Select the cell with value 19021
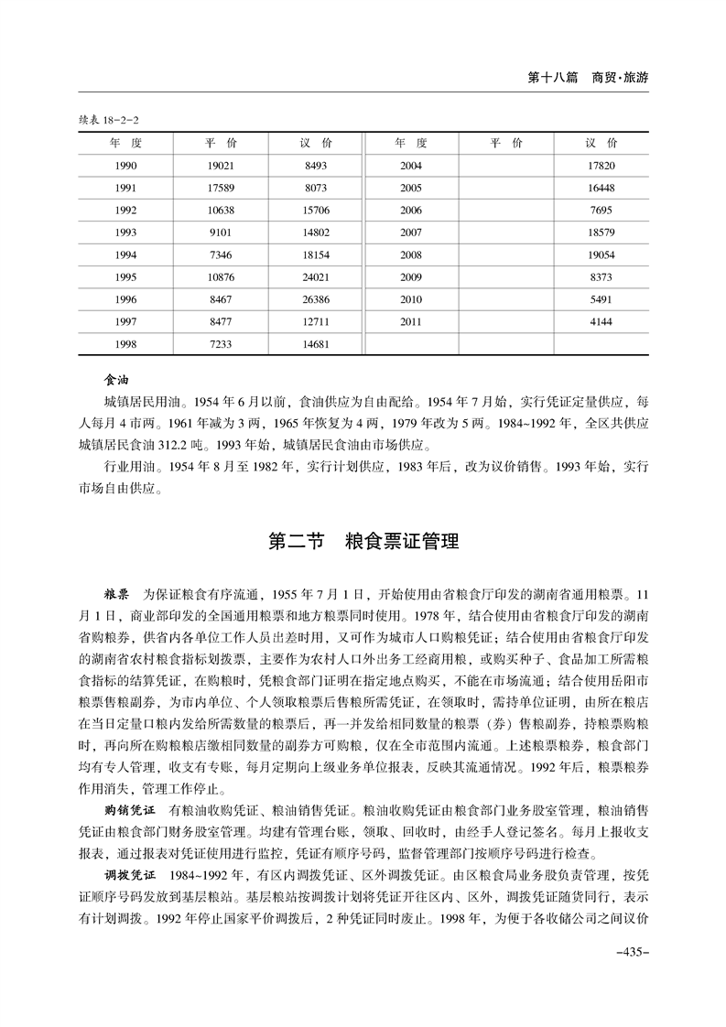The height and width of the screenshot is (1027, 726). [x=222, y=166]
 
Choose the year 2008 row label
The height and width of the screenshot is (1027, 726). [x=411, y=254]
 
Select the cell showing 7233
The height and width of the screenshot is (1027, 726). [x=222, y=344]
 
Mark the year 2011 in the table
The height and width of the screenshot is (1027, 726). [x=411, y=321]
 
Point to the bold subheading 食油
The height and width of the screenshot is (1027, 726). [x=116, y=378]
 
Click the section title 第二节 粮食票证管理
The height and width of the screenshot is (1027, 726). [x=363, y=541]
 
